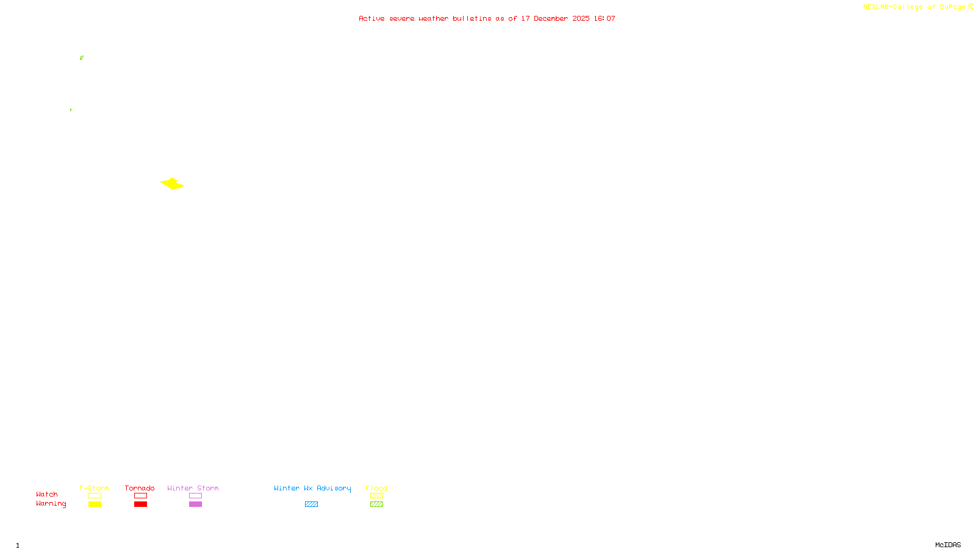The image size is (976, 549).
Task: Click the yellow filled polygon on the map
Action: (x=172, y=184)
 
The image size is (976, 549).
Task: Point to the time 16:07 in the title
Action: (x=605, y=18)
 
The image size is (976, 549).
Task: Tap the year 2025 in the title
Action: (x=581, y=18)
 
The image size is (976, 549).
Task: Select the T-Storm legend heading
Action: (x=94, y=488)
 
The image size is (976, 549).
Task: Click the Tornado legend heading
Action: (x=140, y=488)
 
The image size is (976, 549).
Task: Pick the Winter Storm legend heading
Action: (x=193, y=488)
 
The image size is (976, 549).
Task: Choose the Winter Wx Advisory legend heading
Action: (x=312, y=488)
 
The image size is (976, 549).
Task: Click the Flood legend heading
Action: (x=376, y=488)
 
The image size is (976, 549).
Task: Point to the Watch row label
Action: (x=47, y=494)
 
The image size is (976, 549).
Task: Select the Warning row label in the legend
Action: (x=51, y=504)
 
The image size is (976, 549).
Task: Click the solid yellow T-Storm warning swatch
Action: (x=95, y=504)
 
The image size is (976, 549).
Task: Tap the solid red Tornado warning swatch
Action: (x=140, y=504)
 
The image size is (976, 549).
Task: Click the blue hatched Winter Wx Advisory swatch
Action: (x=311, y=504)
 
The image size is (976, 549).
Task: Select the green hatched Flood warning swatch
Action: (x=376, y=504)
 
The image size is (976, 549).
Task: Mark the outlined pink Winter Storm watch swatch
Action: (x=195, y=496)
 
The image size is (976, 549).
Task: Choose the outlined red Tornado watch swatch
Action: (x=140, y=496)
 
